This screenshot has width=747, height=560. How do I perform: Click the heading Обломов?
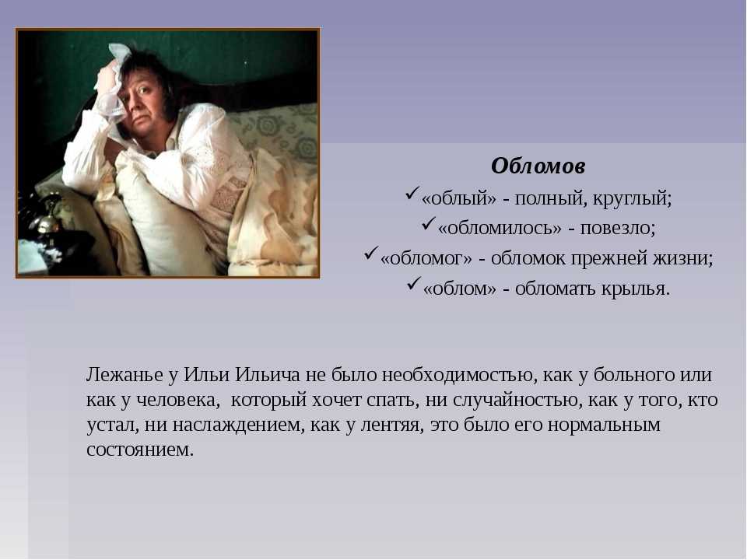[538, 166]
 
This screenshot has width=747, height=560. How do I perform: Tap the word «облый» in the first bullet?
[459, 198]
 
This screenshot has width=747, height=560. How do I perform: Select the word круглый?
[632, 198]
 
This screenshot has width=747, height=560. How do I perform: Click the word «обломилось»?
[500, 228]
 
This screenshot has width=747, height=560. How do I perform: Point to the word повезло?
[617, 228]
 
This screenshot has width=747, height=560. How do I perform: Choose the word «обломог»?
[426, 258]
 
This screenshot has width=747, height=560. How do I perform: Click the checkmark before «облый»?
[412, 194]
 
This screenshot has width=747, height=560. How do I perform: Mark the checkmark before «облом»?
[414, 284]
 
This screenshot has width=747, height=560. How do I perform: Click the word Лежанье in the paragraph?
[124, 375]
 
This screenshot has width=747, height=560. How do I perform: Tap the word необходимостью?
[458, 375]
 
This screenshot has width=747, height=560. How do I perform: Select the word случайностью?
[517, 400]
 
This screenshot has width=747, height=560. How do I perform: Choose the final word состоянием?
[140, 450]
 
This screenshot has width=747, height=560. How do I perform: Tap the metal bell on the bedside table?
[48, 218]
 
